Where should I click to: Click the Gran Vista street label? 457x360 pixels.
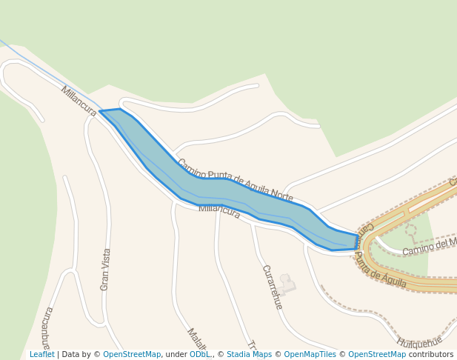[105, 269]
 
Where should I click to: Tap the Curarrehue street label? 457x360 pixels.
[272, 287]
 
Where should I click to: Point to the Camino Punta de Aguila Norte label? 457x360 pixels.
[235, 180]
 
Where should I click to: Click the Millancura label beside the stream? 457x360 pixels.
[79, 101]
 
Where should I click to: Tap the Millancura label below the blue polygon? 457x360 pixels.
[219, 211]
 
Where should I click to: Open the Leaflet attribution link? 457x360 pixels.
[42, 355]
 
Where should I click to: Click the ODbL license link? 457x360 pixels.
[199, 355]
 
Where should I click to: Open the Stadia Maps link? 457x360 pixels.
[249, 355]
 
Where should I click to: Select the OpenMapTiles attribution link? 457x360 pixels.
[310, 355]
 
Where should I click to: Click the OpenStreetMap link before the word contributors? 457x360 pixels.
[377, 355]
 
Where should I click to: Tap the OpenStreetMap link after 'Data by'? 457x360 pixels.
[132, 355]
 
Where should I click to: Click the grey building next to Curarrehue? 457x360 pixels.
[287, 284]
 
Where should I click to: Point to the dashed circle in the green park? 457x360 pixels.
[410, 230]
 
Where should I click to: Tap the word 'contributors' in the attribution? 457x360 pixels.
[431, 355]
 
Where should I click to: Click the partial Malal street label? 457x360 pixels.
[196, 340]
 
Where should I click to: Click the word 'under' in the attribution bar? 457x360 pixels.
[176, 355]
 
